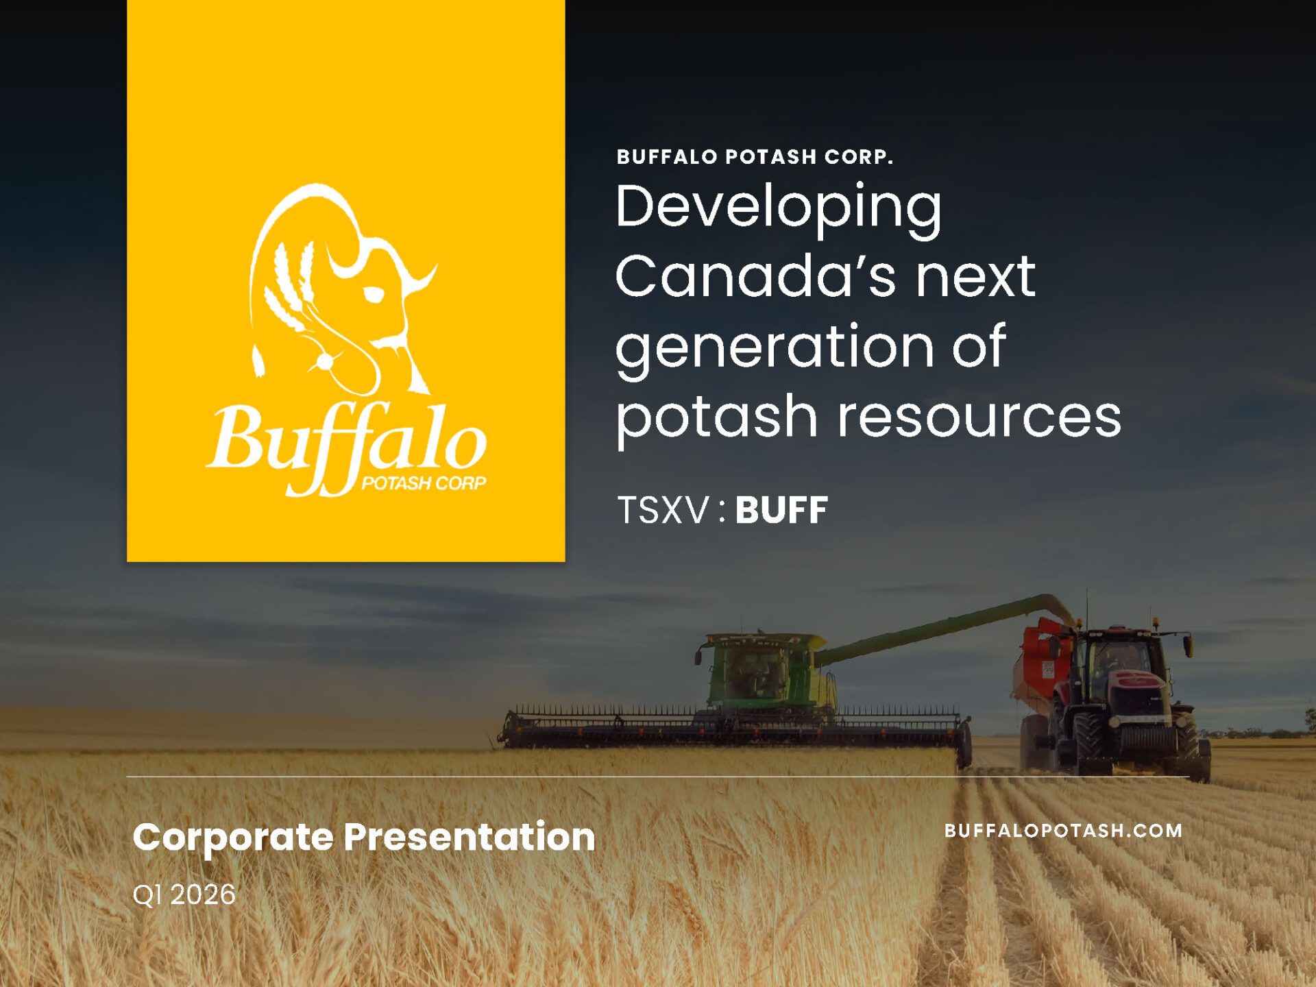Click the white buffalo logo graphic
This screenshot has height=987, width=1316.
tap(343, 288)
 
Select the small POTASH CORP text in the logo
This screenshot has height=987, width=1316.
tap(424, 483)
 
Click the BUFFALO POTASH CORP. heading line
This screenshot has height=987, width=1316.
tap(755, 157)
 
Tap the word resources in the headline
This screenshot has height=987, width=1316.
tap(979, 417)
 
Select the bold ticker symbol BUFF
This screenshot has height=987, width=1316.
tap(781, 511)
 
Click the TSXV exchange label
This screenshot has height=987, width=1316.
tap(663, 511)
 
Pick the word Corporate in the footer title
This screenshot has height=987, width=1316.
tap(233, 838)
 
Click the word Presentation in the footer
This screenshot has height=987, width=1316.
tap(470, 837)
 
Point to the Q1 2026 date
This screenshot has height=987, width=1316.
tap(184, 895)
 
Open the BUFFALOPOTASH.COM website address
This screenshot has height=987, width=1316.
tap(1063, 831)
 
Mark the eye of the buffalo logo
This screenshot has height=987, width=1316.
tap(374, 295)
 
